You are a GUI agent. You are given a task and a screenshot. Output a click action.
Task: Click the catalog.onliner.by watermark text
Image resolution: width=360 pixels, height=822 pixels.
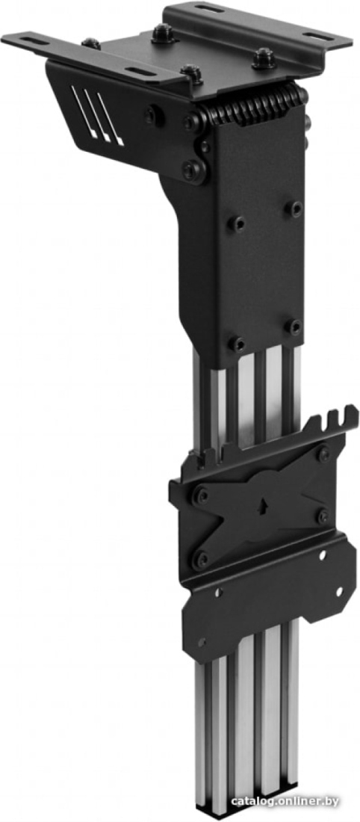[x=285, y=802]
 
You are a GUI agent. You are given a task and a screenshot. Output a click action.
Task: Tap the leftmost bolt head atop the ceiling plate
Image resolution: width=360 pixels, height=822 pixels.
[x=90, y=43]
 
